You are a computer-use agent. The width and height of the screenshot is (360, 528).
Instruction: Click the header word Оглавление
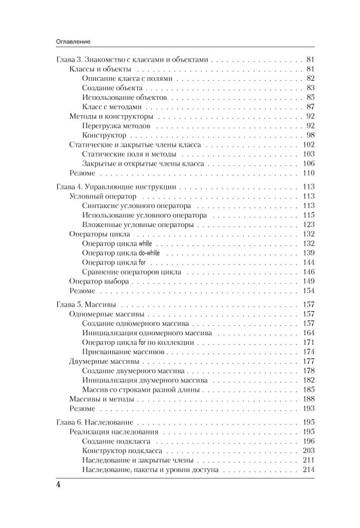coord(72,40)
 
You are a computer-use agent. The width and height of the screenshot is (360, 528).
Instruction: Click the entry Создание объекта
coord(112,88)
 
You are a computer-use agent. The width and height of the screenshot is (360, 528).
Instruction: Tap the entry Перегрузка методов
coord(117,126)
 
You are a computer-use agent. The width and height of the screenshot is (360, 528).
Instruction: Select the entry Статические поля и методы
coord(129,155)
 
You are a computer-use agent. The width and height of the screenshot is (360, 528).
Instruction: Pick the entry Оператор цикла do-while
coord(121,253)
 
